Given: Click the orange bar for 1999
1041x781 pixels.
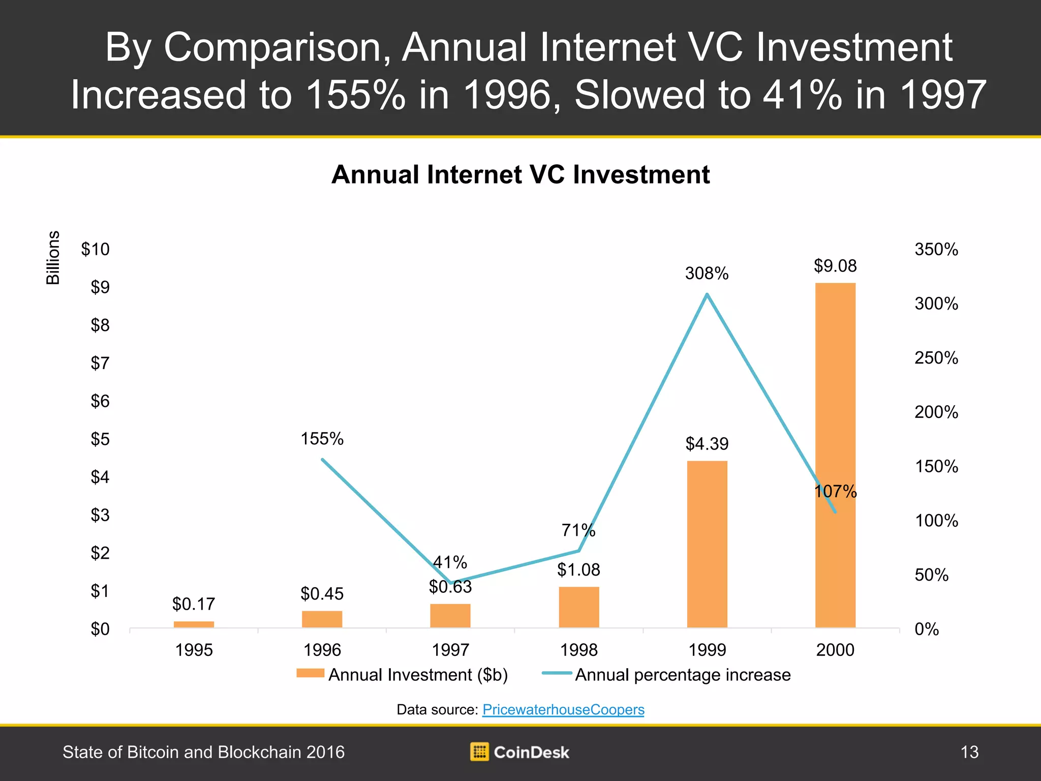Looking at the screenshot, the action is coord(707,544).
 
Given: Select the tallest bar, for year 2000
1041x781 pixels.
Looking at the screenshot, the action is coord(836,455).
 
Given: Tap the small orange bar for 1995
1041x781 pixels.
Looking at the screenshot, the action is coord(194,624).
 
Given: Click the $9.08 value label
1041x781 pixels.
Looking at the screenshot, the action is coord(835,265).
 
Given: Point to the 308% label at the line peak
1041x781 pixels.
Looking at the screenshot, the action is coord(707,274).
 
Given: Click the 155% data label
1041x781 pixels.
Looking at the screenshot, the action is coord(322,438).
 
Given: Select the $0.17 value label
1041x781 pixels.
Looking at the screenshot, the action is coord(194,604).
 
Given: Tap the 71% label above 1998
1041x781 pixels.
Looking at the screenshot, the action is coord(578,530).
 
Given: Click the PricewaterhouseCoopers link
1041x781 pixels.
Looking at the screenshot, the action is coord(563,709).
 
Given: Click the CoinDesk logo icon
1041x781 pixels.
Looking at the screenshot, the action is coord(479,752).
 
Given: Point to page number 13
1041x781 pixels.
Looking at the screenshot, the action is coord(969,752).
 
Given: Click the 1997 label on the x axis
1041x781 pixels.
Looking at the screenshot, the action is coord(450,650).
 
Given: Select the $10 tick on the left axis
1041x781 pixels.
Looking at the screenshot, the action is coord(95,249).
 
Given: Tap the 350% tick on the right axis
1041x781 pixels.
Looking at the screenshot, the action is coord(936,249).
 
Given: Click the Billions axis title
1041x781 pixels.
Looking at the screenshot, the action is coord(53,258).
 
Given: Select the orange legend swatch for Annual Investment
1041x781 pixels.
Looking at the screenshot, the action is coord(310,673).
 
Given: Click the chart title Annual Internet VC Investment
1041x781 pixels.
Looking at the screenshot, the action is coord(520,174).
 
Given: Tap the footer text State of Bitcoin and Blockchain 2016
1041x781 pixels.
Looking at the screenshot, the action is coord(203,752).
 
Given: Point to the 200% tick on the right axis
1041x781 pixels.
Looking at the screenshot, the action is coord(936,412).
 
